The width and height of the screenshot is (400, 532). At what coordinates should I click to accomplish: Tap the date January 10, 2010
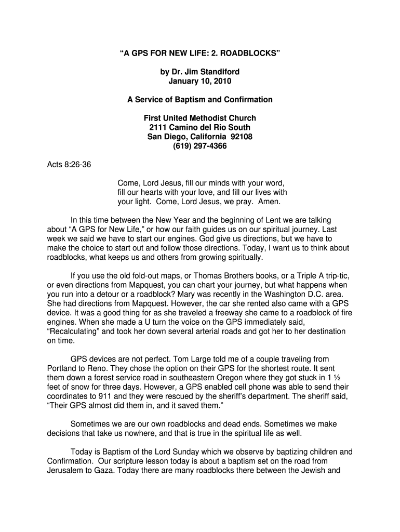[x=200, y=81]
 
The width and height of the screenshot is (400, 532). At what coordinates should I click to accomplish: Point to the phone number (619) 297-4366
[x=200, y=146]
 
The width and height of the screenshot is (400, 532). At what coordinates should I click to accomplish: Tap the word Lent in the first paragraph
[x=281, y=220]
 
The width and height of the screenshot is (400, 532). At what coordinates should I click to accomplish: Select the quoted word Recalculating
[x=75, y=331]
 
